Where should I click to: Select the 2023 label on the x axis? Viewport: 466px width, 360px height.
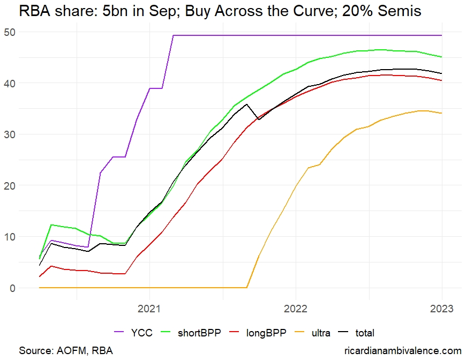(442, 309)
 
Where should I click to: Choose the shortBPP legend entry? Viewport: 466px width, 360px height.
(195, 333)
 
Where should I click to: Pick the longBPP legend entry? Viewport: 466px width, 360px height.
(263, 333)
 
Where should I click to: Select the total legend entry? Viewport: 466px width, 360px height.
(365, 333)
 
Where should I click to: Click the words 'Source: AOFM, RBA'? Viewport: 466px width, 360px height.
(66, 350)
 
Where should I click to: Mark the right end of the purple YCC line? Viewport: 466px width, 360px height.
(442, 35)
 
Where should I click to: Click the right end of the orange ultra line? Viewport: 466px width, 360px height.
(442, 113)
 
